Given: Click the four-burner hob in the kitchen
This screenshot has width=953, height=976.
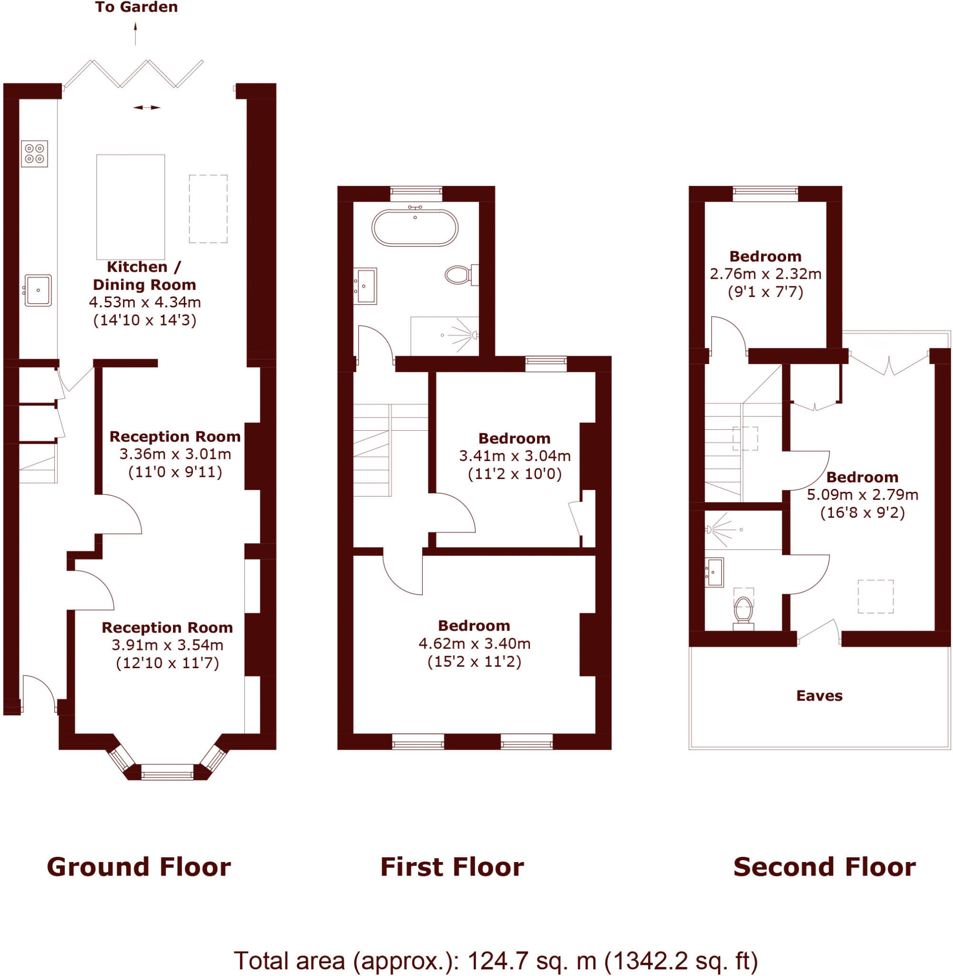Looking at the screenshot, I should point(34,153).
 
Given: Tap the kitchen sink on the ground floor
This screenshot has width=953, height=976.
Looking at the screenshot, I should point(38,290).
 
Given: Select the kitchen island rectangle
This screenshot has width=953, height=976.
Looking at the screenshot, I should point(131,207).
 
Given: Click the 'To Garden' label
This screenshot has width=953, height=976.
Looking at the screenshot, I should point(136,8).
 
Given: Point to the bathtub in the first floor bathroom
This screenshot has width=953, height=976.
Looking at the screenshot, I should point(415,228).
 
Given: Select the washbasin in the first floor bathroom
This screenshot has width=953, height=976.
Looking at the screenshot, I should point(366,286).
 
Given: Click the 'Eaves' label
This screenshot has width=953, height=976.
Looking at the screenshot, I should point(820,696).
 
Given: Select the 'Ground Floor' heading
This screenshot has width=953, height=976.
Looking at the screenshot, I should point(139,867).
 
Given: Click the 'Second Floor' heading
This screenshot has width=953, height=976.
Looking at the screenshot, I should point(824,867).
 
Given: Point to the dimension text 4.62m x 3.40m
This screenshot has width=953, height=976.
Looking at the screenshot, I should point(474,644).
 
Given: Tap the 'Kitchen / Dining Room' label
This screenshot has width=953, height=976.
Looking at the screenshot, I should point(144,276).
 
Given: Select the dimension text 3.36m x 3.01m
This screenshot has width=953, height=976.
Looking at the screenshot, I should point(175,455).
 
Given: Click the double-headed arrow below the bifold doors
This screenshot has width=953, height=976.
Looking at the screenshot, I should point(147,107).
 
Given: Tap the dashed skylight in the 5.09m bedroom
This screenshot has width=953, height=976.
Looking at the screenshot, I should point(875,597).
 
